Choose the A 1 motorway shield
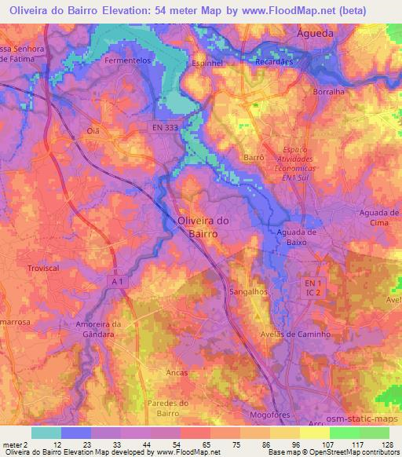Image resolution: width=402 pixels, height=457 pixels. coord(117,280)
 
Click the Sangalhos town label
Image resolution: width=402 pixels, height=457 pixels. coord(248,291)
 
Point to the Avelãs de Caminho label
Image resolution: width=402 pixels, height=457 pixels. coord(294,334)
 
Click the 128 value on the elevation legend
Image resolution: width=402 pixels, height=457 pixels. coord(386,444)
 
